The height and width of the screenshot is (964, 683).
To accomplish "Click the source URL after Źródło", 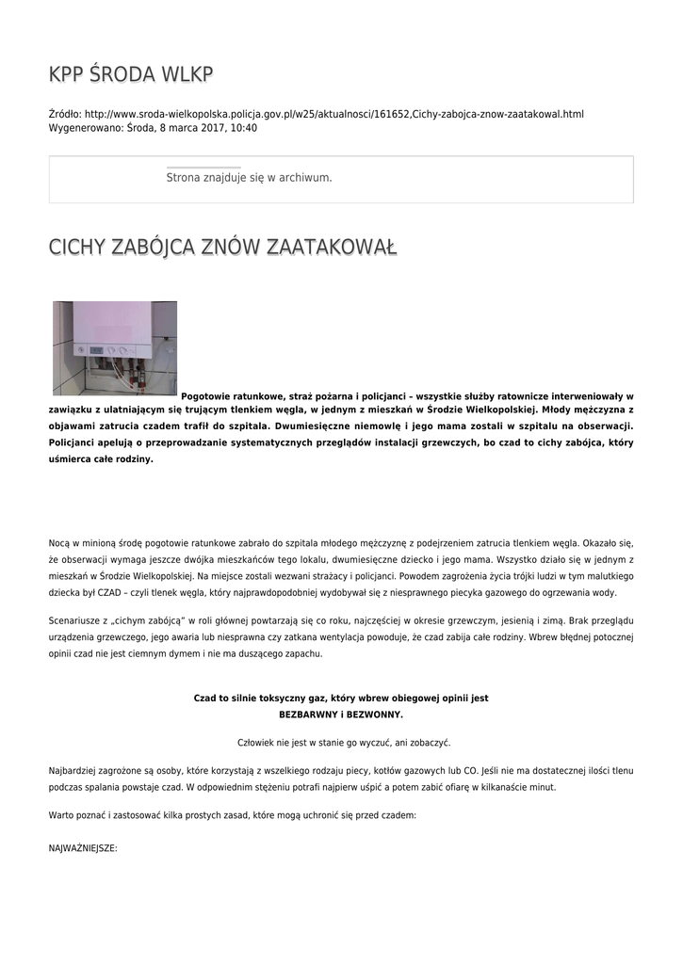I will [334, 114].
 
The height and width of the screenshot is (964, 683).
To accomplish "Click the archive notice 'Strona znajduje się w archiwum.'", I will [249, 177].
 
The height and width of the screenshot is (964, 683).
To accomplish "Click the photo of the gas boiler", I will [115, 347].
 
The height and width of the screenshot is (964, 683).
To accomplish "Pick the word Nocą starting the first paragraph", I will [58, 543].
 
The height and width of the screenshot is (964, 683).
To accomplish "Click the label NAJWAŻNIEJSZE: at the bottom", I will [83, 848].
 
